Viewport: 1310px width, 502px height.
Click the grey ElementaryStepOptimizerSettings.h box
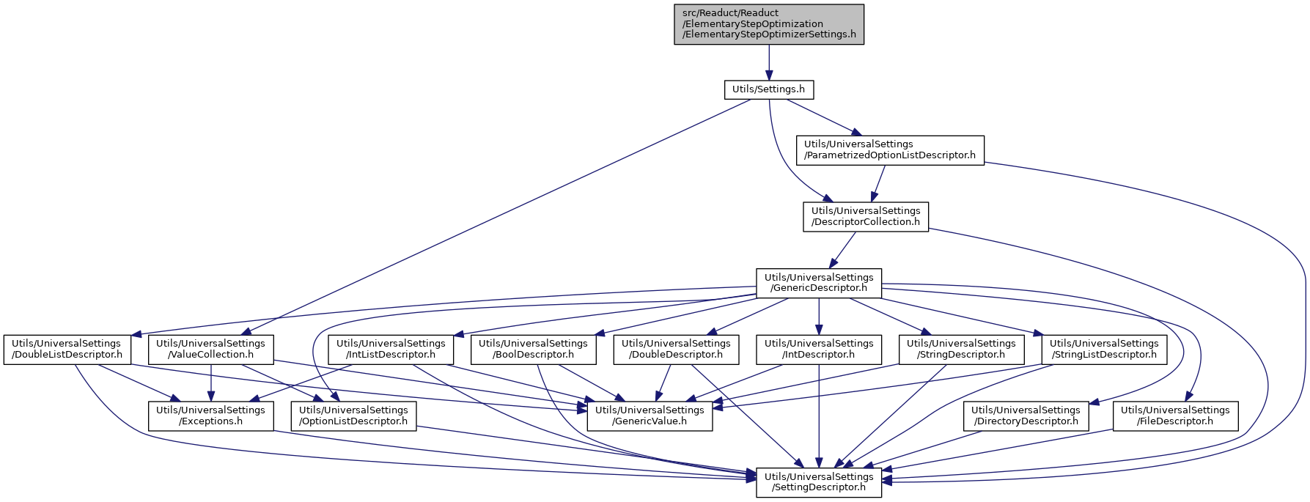(x=769, y=24)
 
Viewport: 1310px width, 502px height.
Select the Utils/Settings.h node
(x=769, y=89)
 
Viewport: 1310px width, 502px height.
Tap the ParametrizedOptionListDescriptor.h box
(x=890, y=150)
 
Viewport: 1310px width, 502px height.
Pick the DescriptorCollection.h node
(x=866, y=217)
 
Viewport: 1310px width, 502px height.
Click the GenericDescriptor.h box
(x=819, y=283)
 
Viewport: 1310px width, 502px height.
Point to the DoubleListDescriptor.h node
(x=67, y=350)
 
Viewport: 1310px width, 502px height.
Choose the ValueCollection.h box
(x=211, y=350)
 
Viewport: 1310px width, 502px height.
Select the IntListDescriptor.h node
(x=391, y=350)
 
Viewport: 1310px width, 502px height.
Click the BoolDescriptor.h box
(x=534, y=350)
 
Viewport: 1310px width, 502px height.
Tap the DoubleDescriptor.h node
(x=676, y=350)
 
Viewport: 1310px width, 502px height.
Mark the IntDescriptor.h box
(x=819, y=350)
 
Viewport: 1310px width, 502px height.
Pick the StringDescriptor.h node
(x=962, y=350)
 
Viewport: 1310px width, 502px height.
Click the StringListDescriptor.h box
(x=1105, y=350)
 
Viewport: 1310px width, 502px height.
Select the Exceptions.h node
(x=211, y=416)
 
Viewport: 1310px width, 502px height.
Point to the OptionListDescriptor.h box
(x=353, y=416)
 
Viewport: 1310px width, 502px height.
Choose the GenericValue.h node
(x=650, y=416)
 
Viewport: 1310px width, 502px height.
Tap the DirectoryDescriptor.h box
(x=1026, y=416)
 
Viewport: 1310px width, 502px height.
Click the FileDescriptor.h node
(x=1176, y=416)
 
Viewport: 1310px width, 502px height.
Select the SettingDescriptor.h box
(x=819, y=482)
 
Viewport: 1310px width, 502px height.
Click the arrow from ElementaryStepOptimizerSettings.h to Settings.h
(x=769, y=62)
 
